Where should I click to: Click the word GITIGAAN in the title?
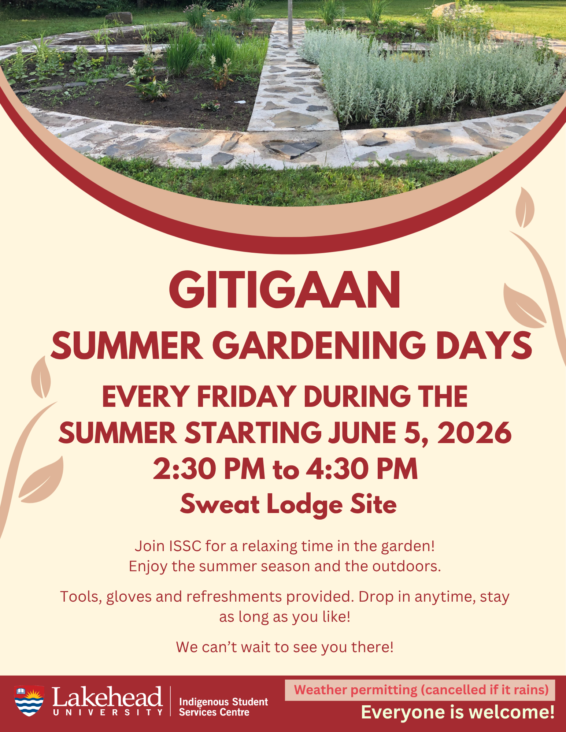(x=284, y=290)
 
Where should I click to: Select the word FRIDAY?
(x=247, y=397)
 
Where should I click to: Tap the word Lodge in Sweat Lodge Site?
(x=304, y=505)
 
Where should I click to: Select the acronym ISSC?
(x=185, y=546)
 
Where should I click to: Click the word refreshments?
(x=234, y=597)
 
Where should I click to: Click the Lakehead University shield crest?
(x=29, y=701)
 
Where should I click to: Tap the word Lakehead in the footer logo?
(x=107, y=696)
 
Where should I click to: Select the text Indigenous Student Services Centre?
(x=223, y=707)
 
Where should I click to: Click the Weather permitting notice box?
(x=420, y=690)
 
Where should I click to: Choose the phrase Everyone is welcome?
(x=458, y=713)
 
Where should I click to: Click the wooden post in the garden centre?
(x=290, y=23)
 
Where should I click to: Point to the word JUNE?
(x=362, y=432)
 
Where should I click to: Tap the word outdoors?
(x=407, y=566)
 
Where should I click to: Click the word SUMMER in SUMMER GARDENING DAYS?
(x=127, y=345)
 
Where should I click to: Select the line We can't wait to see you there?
(x=285, y=647)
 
